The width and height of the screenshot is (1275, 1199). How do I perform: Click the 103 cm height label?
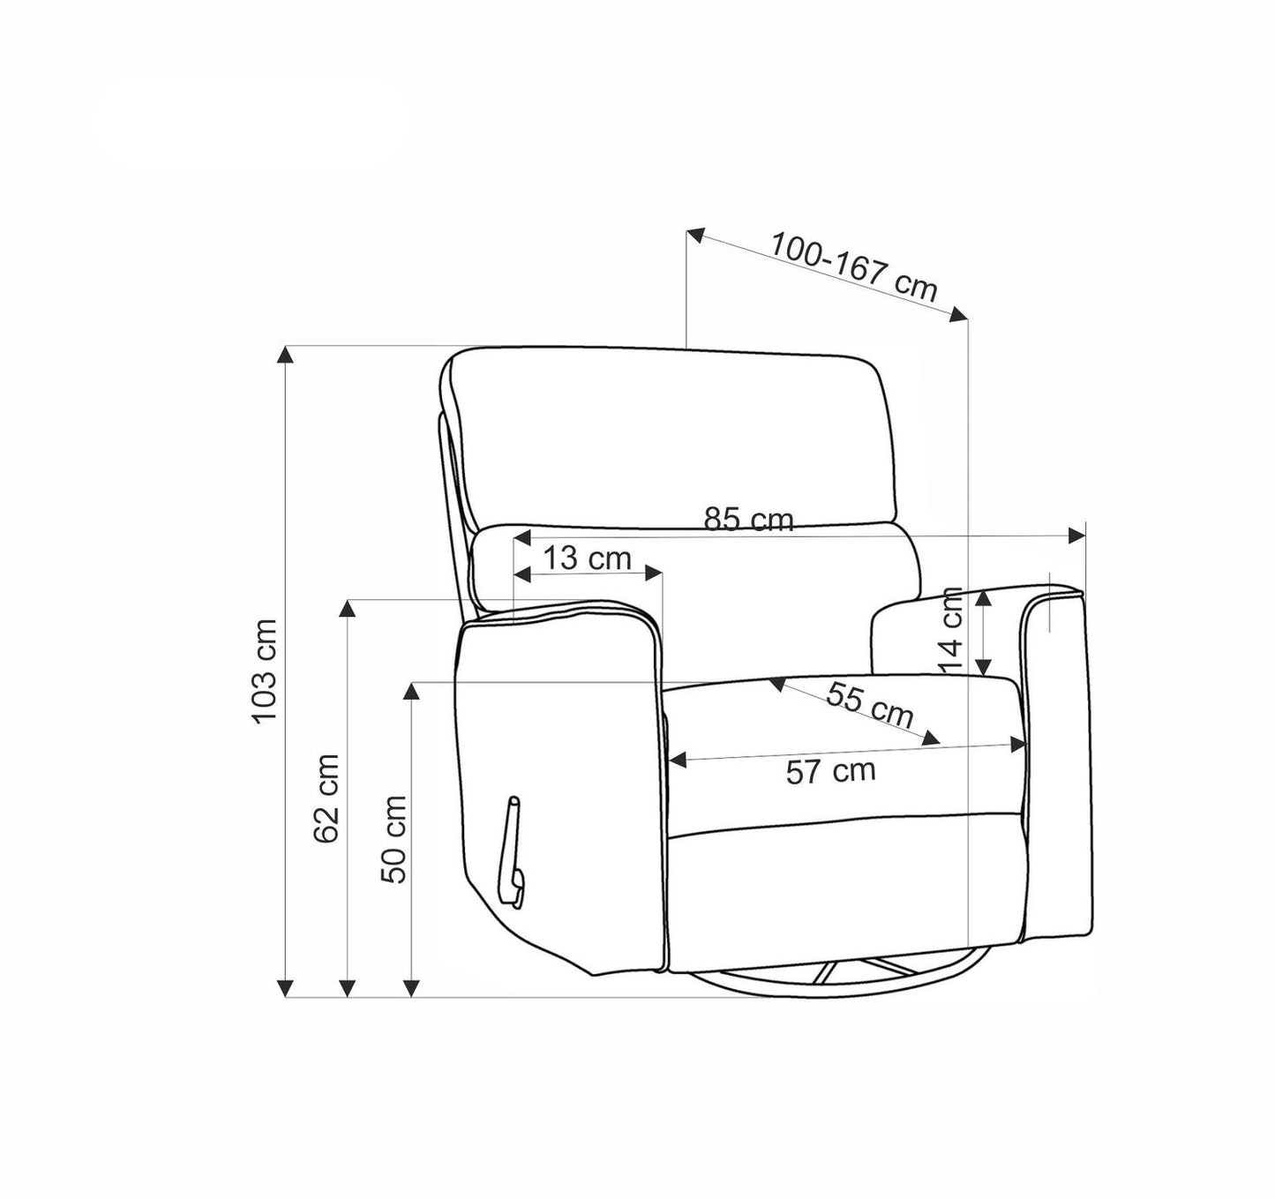[265, 671]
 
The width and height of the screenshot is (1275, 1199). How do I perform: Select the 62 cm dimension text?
[326, 798]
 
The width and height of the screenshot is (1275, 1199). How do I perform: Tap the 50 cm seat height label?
[394, 839]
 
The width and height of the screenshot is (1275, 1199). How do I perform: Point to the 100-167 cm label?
[854, 267]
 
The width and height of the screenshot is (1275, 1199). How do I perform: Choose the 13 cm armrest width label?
[588, 558]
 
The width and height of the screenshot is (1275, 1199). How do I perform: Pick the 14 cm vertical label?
[951, 630]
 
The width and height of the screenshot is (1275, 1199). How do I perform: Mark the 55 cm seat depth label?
[869, 705]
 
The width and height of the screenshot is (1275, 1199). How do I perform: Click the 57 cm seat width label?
[831, 770]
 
